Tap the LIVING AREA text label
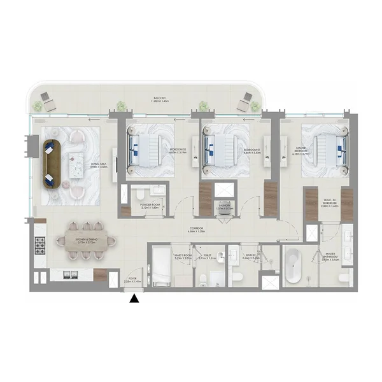[x=99, y=165]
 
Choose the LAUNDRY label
[x=223, y=206]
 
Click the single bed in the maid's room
[x=159, y=266]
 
